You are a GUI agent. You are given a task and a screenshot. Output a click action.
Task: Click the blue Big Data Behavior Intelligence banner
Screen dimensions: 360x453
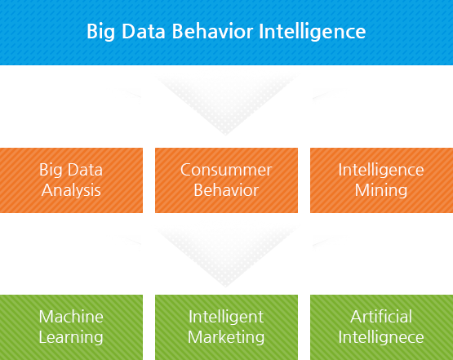(226, 33)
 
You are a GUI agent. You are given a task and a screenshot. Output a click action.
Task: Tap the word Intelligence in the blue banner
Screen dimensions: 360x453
(313, 33)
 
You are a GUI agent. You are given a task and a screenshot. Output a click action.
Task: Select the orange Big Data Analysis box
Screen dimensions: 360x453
(71, 180)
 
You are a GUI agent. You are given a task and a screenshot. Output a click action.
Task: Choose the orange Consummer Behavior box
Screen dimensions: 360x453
(226, 180)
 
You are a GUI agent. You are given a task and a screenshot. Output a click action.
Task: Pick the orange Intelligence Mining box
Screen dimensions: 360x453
(380, 180)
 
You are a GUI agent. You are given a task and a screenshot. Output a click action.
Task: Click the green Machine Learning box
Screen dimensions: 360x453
(71, 326)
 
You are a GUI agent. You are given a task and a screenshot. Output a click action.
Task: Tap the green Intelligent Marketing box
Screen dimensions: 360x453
(226, 326)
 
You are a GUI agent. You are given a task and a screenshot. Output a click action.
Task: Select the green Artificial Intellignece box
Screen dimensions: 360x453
(380, 326)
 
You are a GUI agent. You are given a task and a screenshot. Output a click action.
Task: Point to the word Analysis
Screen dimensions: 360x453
(71, 190)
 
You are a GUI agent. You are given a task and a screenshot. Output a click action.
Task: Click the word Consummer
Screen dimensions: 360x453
(226, 171)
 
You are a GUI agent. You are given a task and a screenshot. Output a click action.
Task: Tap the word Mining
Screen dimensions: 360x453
(381, 190)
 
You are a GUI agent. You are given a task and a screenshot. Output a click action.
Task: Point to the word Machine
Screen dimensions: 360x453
(71, 317)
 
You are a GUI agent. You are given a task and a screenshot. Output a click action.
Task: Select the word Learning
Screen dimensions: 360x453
(71, 336)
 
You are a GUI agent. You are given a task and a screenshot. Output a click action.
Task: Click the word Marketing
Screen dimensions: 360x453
(226, 336)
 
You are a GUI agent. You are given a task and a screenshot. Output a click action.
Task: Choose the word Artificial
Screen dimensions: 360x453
(381, 317)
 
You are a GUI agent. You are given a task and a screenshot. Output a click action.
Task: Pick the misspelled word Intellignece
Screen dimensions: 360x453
(381, 336)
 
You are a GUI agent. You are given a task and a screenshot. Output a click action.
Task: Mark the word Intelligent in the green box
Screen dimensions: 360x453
(226, 317)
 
